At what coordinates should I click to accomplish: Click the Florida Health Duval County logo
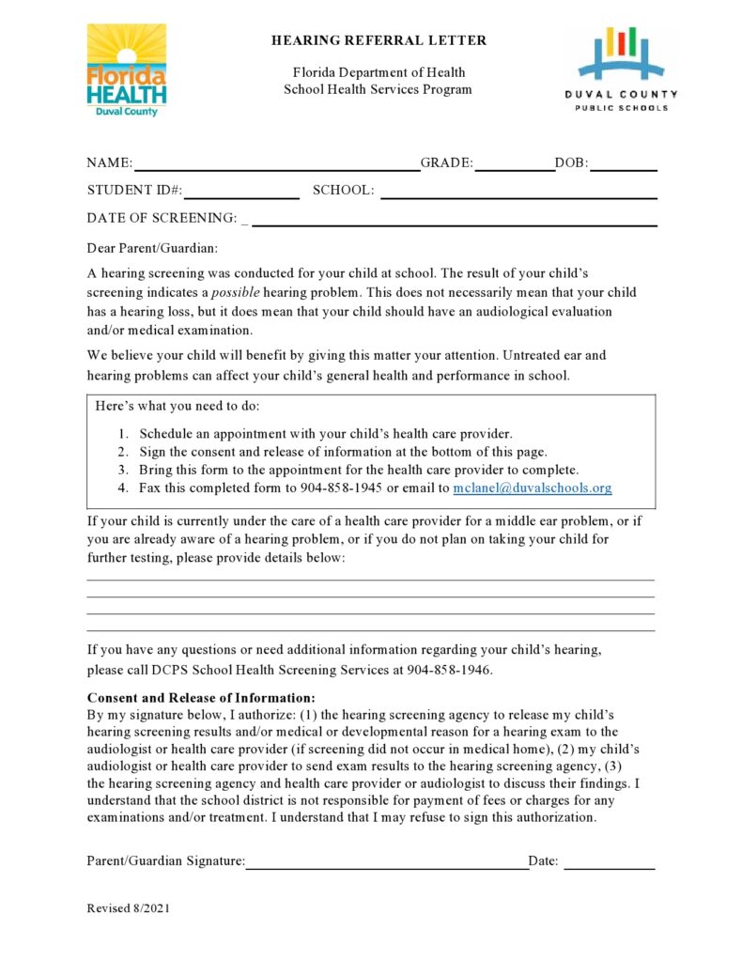[127, 70]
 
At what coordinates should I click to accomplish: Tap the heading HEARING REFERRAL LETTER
[379, 41]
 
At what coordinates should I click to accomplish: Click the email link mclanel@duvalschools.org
[532, 488]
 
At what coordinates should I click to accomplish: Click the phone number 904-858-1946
[448, 671]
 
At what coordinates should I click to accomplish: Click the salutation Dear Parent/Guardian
[152, 248]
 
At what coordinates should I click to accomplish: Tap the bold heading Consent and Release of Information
[201, 698]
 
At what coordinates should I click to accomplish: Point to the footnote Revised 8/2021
[128, 908]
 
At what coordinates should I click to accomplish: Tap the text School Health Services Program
[379, 90]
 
